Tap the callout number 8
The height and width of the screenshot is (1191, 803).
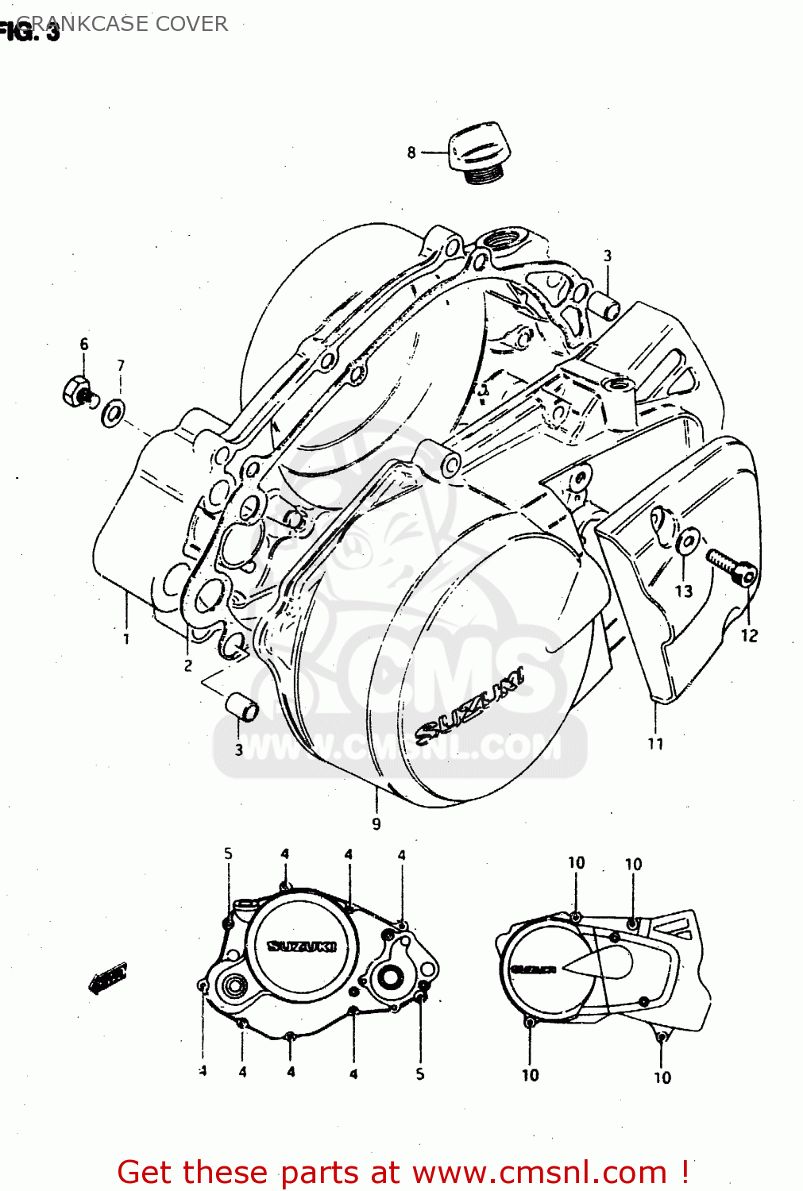[x=411, y=152]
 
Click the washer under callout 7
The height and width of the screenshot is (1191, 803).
[x=114, y=413]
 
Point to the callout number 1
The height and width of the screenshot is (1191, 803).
[x=126, y=638]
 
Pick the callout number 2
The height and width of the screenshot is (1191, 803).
[x=188, y=665]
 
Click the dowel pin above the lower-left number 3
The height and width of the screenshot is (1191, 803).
[x=241, y=706]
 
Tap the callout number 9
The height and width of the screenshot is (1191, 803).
[x=376, y=824]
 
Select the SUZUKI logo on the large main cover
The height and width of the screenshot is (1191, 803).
[x=470, y=705]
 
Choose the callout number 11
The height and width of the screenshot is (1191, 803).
[x=655, y=744]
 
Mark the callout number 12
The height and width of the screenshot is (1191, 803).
[x=749, y=635]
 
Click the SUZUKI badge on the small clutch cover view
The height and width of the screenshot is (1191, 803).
[x=302, y=946]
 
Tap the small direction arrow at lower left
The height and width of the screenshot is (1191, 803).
[x=107, y=978]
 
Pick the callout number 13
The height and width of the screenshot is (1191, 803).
[x=684, y=592]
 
